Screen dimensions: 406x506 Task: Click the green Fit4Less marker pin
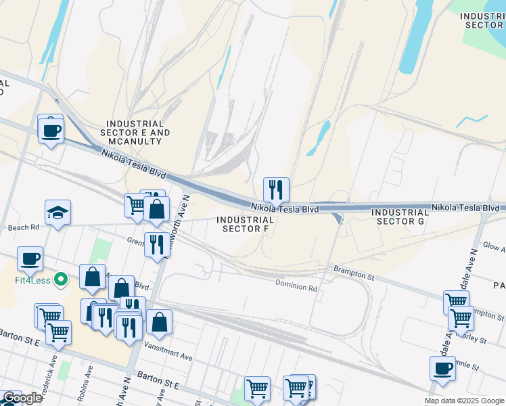click(x=61, y=278)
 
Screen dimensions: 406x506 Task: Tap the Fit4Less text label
click(x=29, y=278)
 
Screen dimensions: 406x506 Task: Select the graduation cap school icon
click(x=58, y=213)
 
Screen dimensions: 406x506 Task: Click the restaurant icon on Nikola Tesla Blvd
click(x=276, y=190)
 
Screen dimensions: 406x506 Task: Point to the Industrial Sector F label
click(x=246, y=224)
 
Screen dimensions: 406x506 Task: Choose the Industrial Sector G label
click(x=400, y=217)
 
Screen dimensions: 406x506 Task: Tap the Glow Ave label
click(x=493, y=248)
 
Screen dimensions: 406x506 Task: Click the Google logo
click(x=22, y=398)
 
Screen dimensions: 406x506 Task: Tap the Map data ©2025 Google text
click(x=465, y=401)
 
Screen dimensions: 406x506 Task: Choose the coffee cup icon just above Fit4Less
click(x=30, y=258)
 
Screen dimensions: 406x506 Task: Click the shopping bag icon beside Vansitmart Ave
click(x=160, y=323)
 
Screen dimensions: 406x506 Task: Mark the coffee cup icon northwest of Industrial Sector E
click(x=50, y=129)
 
